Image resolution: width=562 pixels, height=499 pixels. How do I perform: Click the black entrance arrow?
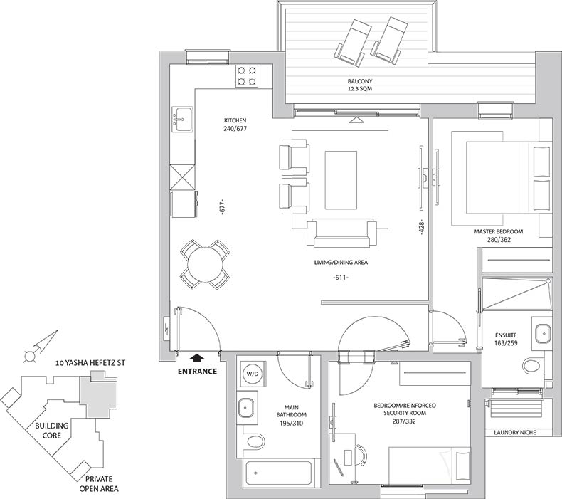[x=197, y=357]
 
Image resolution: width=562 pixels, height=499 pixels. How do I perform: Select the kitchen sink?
[x=182, y=119]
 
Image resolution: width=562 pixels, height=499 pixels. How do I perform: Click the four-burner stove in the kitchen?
[x=247, y=75]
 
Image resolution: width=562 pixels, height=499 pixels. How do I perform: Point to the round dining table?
[x=205, y=265]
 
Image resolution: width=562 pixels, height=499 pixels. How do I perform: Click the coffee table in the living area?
[x=341, y=179]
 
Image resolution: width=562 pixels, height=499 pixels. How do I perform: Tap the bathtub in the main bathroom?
[x=278, y=473]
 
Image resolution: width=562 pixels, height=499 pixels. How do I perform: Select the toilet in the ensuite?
[x=533, y=366]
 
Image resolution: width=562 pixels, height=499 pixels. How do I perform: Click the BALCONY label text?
[x=360, y=81]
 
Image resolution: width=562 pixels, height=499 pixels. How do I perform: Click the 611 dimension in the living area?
[x=341, y=278]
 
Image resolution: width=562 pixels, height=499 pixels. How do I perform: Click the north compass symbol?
[x=40, y=346]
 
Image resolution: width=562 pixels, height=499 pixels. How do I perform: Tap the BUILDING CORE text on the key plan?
[x=52, y=431]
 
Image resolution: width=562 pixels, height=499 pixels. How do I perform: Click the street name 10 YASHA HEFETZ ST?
[x=90, y=363]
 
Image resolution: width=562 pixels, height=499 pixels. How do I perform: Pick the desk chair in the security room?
[x=361, y=456]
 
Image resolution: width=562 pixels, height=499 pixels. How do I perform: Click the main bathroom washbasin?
[x=247, y=407]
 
